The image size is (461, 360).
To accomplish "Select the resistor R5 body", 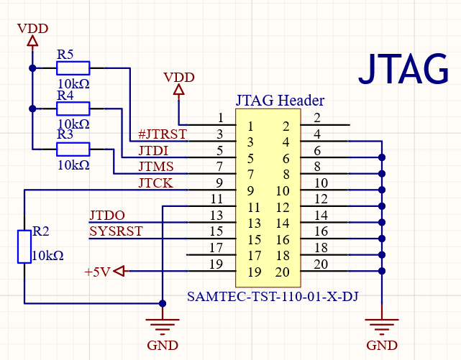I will (73, 68).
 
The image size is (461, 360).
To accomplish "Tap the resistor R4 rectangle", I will (73, 109).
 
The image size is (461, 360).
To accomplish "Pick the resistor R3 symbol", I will (73, 149).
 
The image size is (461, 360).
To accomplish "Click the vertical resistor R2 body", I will (24, 246).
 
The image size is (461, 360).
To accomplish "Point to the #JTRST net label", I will (162, 134).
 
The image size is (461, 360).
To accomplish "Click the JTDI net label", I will (153, 150).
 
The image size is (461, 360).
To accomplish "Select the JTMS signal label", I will (156, 167).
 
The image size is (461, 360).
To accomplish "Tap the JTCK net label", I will (155, 183).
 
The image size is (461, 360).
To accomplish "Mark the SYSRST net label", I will (116, 231).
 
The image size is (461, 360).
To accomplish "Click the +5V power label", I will (98, 272).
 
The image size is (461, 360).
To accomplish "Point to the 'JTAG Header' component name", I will (280, 101).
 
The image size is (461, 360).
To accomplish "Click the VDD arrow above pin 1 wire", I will (179, 90).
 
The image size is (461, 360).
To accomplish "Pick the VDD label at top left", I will (32, 29).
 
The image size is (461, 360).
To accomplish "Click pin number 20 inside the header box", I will (281, 272).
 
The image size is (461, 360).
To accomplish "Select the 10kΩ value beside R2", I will (48, 256).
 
